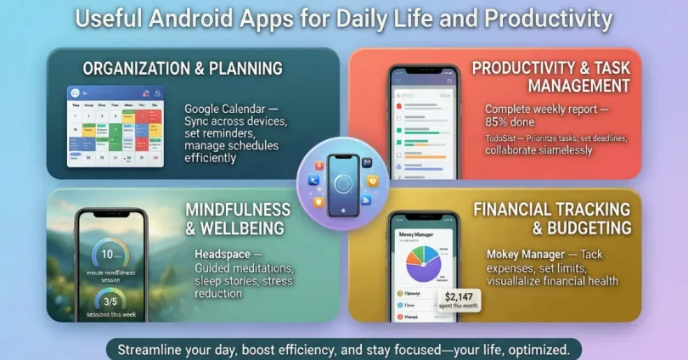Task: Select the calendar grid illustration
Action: pos(115,127)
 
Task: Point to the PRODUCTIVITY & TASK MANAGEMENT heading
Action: pos(550,76)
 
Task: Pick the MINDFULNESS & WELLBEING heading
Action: pos(236,217)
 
